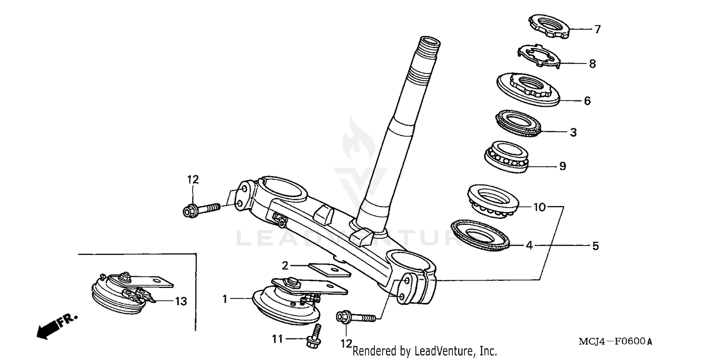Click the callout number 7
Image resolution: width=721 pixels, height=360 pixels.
597,30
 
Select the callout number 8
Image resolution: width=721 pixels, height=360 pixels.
592,63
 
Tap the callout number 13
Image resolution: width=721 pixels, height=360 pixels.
180,301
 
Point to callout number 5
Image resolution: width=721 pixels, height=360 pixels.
595,246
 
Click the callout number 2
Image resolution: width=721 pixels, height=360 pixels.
285,265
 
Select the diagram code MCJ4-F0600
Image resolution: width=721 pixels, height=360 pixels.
616,342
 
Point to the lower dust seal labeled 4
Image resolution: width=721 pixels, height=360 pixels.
479,235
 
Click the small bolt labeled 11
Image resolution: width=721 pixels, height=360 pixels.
314,335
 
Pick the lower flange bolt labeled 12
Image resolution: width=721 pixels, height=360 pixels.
357,317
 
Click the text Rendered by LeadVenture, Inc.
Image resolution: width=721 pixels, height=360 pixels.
425,351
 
